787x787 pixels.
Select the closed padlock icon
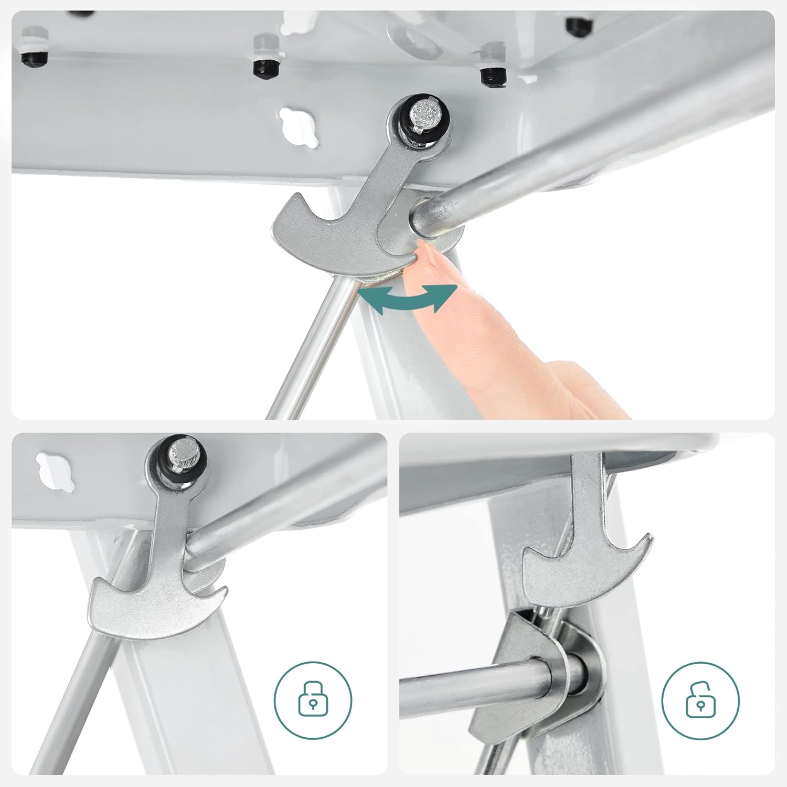[313, 700]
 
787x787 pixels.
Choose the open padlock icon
[700, 700]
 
